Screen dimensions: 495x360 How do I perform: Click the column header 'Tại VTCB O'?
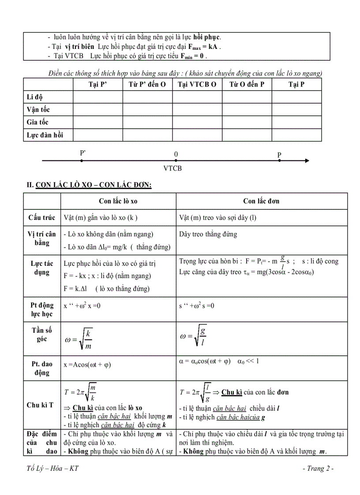tap(197, 85)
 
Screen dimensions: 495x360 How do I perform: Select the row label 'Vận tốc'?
tap(38, 110)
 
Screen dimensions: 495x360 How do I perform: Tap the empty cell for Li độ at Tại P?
tap(296, 97)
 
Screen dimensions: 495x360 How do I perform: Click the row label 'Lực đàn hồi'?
tap(45, 135)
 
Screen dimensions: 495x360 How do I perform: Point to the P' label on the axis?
tap(82, 153)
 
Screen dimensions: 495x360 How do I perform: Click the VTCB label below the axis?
tap(172, 168)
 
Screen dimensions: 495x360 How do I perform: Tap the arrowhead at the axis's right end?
tap(306, 161)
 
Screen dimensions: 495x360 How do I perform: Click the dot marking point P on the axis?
tap(279, 161)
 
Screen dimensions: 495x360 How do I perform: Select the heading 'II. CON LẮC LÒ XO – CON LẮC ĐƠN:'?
tap(90, 185)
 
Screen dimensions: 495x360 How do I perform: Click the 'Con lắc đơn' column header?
tap(261, 201)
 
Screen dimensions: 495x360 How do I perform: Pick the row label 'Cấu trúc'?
tap(41, 217)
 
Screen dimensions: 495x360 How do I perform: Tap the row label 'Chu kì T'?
tap(40, 405)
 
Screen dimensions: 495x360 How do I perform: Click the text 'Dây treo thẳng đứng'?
tap(208, 234)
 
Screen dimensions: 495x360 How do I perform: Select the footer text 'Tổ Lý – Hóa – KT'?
tap(52, 468)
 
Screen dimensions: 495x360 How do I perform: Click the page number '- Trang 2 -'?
tap(318, 468)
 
